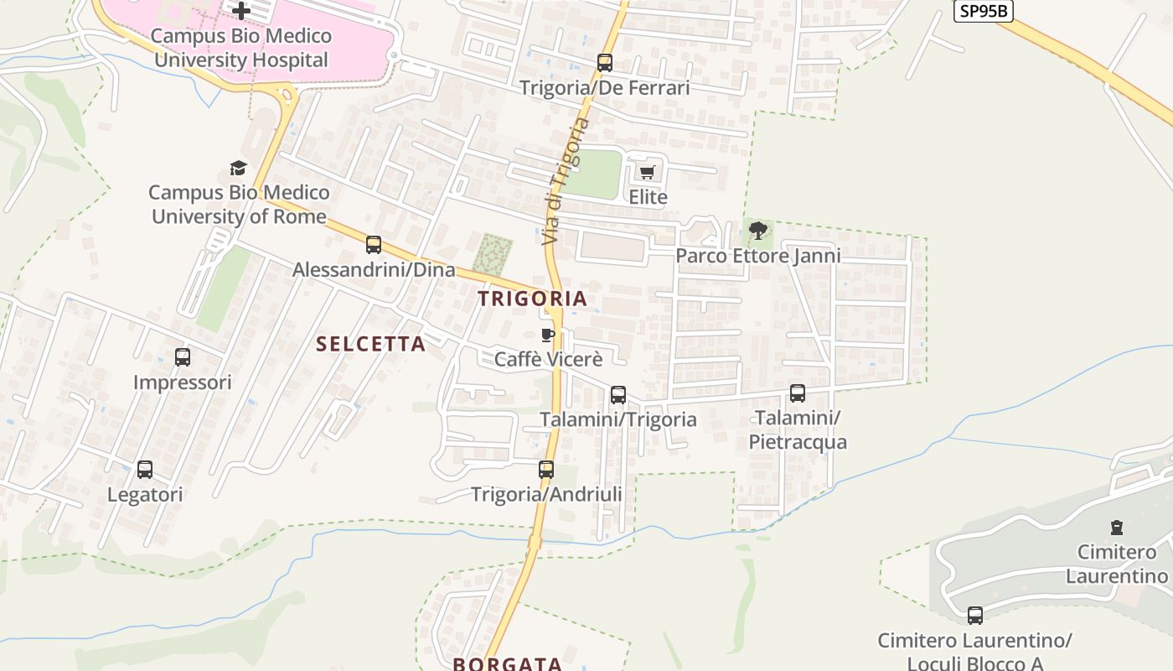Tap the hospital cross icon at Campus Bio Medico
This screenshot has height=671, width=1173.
[x=241, y=11]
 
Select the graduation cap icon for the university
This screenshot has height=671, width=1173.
[x=239, y=169]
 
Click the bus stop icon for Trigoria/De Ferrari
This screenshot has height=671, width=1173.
[x=604, y=63]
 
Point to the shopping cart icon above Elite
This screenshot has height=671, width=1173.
[x=647, y=173]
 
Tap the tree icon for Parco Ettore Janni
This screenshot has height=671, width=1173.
[x=758, y=231]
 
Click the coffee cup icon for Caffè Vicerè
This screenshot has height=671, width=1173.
[x=548, y=335]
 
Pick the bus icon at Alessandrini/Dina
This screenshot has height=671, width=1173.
[x=374, y=245]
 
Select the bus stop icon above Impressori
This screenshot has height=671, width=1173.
[x=183, y=357]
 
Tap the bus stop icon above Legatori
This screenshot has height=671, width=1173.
[x=145, y=470]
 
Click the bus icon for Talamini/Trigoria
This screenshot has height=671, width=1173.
[x=618, y=395]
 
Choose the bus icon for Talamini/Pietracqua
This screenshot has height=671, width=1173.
[x=798, y=393]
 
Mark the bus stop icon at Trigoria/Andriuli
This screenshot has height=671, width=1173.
[x=546, y=470]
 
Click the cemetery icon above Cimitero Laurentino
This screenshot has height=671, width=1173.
[x=1116, y=528]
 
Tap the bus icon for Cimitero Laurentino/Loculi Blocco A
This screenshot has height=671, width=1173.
[x=975, y=616]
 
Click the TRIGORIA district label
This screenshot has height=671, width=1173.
[x=533, y=299]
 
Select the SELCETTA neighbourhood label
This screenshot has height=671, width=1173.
[x=371, y=344]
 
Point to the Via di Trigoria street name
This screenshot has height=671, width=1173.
[x=566, y=181]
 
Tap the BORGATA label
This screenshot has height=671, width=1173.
[x=508, y=663]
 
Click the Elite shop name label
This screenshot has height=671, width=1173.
[x=649, y=197]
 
